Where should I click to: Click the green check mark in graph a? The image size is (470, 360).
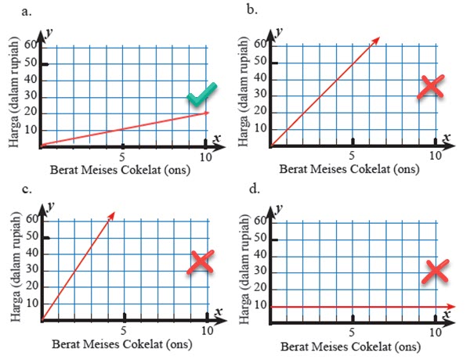pos(201,95)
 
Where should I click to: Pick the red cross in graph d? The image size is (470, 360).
pos(438,271)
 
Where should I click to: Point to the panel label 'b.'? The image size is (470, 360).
pos(252,9)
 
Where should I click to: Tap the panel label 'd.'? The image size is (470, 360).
pos(252,189)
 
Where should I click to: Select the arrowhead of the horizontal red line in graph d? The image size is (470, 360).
pos(452,306)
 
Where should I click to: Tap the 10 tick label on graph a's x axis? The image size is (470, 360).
pos(206,157)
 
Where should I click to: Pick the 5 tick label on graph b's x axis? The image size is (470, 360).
pos(352,156)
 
